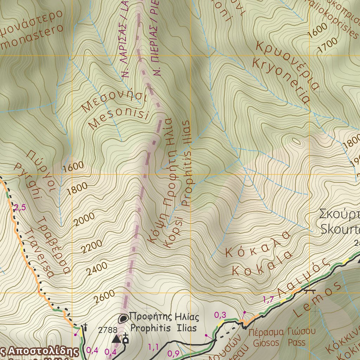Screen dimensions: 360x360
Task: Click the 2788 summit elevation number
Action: (x=108, y=330)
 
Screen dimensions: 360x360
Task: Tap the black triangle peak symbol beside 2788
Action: (x=116, y=339)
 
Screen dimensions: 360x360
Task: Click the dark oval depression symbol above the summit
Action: (x=123, y=319)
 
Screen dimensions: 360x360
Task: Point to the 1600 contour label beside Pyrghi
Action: (x=73, y=167)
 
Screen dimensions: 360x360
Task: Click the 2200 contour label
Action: (x=92, y=246)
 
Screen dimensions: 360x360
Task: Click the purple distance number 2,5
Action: (x=20, y=207)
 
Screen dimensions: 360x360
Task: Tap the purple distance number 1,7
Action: (x=268, y=300)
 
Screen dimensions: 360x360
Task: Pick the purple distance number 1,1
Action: (x=153, y=347)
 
